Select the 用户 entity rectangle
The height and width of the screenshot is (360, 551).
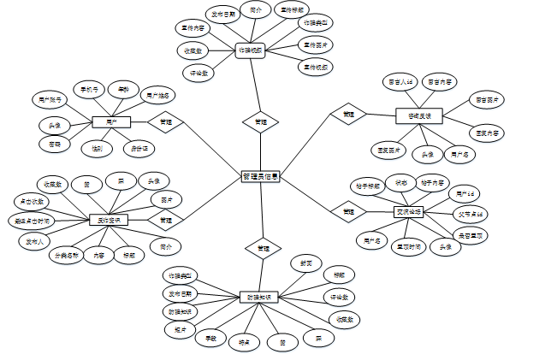111,122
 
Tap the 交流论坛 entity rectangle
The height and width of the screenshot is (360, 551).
408,210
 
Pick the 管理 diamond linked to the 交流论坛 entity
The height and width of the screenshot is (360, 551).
348,210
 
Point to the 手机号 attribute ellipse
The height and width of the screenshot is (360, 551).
90,88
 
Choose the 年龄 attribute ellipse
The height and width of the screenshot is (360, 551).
124,88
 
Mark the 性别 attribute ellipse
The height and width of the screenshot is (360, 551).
96,149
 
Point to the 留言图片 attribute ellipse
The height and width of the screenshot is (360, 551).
488,101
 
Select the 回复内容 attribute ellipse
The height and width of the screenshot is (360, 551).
488,133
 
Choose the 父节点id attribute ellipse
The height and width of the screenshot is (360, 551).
470,213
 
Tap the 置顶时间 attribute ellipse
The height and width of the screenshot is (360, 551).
408,247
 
